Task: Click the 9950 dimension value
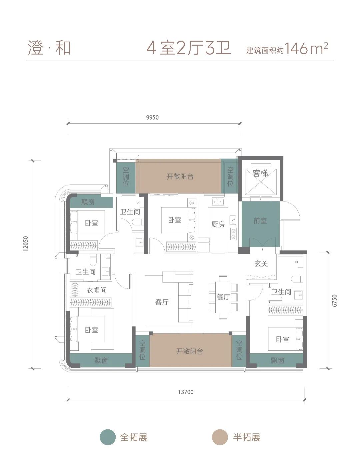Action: click(x=152, y=118)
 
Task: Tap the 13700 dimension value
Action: click(x=186, y=392)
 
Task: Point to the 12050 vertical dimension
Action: click(x=26, y=243)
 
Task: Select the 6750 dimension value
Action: click(x=335, y=301)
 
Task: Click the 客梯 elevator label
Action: click(x=260, y=173)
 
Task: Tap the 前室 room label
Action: click(x=260, y=221)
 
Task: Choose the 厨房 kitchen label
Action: click(x=218, y=225)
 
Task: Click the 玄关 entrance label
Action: click(x=261, y=264)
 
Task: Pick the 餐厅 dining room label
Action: click(x=223, y=297)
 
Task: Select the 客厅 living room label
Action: click(x=162, y=302)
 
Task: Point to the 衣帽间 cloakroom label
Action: click(x=96, y=290)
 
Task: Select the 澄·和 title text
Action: click(x=49, y=48)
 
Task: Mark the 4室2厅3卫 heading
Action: click(x=189, y=48)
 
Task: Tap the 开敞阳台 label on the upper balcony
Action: click(x=180, y=177)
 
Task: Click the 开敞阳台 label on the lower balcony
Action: click(x=190, y=351)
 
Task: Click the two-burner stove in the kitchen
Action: click(x=233, y=234)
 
